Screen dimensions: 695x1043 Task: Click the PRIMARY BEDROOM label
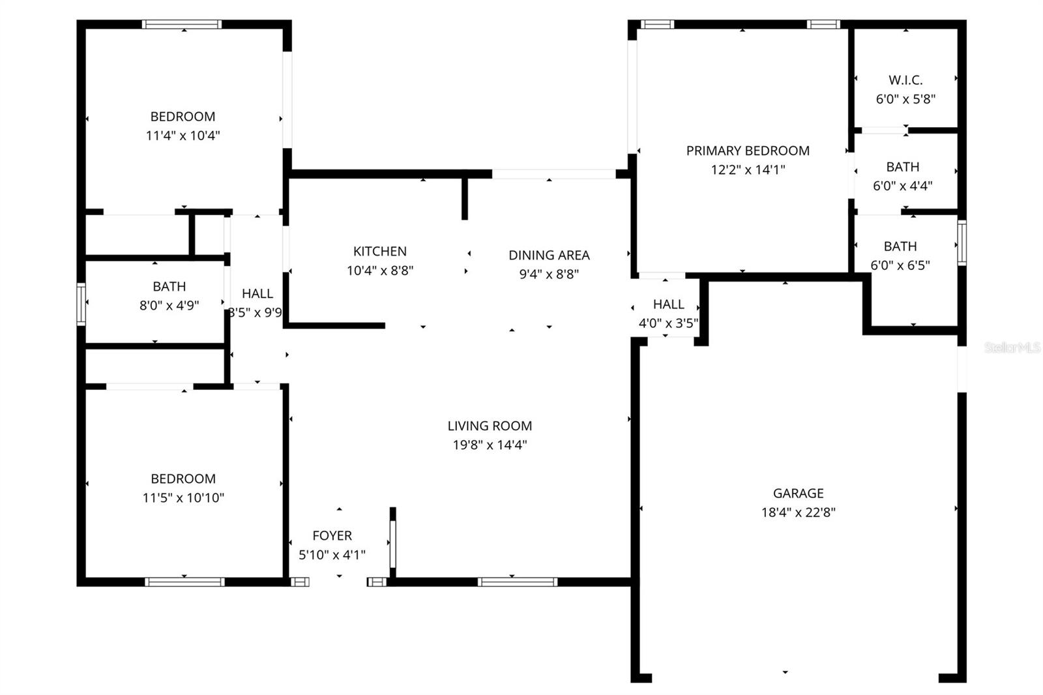click(747, 151)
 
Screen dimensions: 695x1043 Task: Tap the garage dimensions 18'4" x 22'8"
click(798, 512)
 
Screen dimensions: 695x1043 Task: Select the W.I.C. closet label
click(905, 80)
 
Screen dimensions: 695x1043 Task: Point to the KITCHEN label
click(379, 251)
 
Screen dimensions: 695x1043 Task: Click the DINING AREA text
click(549, 255)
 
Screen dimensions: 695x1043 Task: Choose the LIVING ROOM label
click(490, 426)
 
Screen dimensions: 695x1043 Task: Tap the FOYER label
click(332, 535)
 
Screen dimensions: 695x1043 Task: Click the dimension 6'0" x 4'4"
click(902, 186)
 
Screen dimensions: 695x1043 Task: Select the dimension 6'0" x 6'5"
click(900, 265)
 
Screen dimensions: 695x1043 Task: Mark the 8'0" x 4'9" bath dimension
click(169, 305)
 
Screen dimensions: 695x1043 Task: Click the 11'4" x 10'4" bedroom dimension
click(183, 136)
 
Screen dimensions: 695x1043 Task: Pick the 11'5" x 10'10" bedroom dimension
click(183, 497)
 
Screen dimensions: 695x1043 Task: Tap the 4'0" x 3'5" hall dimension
click(668, 323)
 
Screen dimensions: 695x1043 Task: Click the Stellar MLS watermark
click(1012, 347)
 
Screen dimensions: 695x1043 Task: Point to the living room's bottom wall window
click(517, 582)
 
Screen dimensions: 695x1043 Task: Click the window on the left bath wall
click(81, 304)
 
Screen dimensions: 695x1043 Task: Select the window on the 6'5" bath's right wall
click(962, 243)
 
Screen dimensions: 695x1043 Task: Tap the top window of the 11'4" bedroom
click(182, 25)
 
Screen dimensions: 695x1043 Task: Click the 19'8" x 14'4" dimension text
click(490, 445)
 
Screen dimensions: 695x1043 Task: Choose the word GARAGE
click(798, 494)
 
